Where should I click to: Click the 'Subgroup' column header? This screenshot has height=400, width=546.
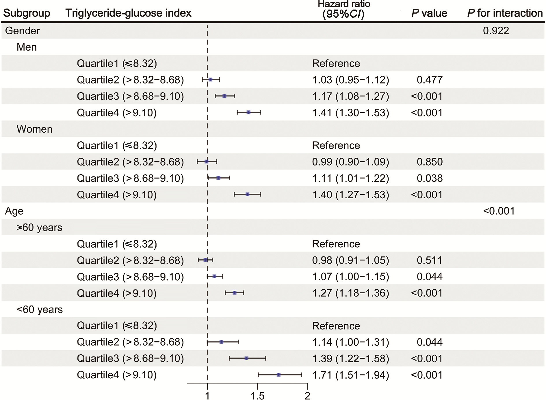(x=27, y=13)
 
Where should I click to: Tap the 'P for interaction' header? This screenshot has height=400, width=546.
(x=505, y=13)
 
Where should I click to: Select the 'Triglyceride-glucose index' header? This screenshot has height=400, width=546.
(x=128, y=13)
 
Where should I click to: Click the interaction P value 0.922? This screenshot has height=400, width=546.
(x=496, y=31)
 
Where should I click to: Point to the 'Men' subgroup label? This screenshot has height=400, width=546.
(x=27, y=47)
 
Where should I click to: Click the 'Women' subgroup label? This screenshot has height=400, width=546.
(x=34, y=129)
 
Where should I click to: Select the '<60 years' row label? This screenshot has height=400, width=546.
(x=40, y=310)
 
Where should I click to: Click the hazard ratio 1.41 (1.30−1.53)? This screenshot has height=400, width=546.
(x=350, y=113)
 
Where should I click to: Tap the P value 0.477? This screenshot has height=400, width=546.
(x=429, y=80)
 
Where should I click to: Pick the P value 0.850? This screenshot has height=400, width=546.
(x=429, y=162)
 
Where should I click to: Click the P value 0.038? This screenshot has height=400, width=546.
(x=429, y=178)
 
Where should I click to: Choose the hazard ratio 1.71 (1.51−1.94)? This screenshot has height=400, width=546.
(x=350, y=375)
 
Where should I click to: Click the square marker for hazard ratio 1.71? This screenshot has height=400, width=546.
(x=278, y=375)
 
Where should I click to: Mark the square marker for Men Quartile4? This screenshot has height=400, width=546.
(x=248, y=112)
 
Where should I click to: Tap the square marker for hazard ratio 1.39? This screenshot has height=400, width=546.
(x=246, y=358)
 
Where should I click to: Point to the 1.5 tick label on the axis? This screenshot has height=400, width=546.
(x=257, y=396)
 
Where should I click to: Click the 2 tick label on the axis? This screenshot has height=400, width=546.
(x=307, y=396)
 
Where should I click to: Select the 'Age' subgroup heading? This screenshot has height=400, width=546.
(x=14, y=211)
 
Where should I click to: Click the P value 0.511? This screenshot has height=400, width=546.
(x=429, y=260)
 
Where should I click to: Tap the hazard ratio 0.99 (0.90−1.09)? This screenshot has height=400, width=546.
(x=350, y=162)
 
